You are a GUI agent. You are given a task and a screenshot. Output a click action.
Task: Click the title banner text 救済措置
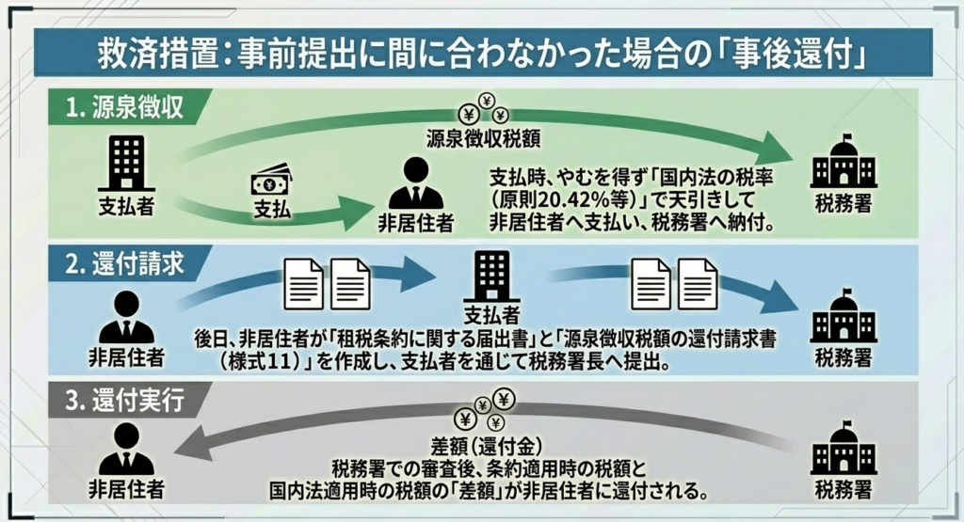tap(155, 54)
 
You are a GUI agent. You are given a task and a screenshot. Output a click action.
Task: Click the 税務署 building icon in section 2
tap(843, 321)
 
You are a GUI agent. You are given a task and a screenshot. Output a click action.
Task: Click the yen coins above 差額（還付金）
tap(484, 411)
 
